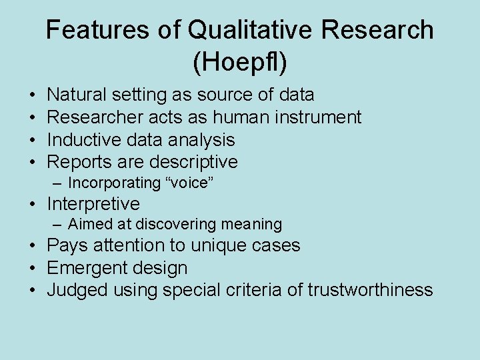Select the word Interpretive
pyautogui.click(x=93, y=203)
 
